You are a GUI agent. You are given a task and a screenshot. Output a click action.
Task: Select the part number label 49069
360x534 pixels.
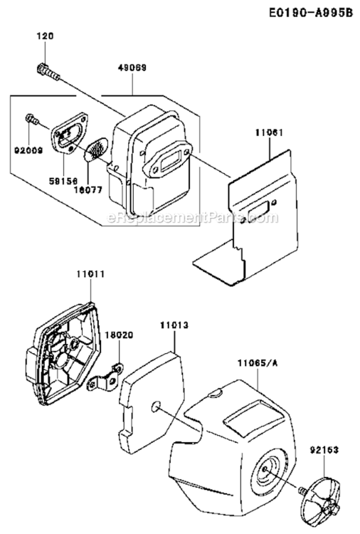point(133,68)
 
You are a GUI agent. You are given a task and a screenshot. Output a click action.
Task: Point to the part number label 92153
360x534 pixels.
point(324,429)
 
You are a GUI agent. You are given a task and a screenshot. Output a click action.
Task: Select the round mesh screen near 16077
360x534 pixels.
point(93,149)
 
